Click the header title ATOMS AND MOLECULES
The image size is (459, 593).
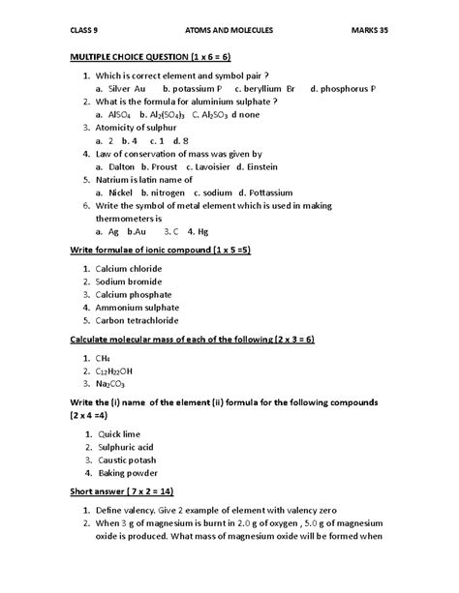(x=229, y=30)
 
